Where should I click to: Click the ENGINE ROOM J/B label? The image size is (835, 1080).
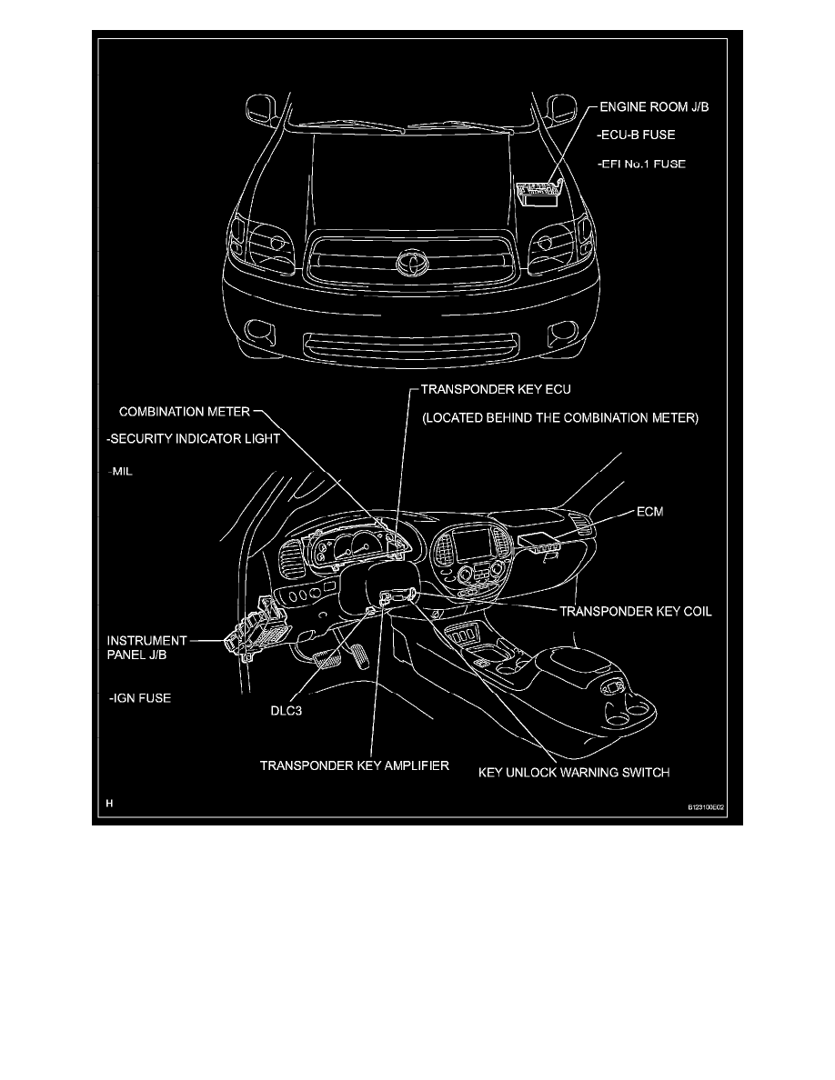pyautogui.click(x=653, y=107)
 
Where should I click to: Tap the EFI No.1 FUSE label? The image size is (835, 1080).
pyautogui.click(x=641, y=165)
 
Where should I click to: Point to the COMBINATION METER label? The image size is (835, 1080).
pyautogui.click(x=183, y=410)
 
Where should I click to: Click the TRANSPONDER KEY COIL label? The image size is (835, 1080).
pyautogui.click(x=635, y=612)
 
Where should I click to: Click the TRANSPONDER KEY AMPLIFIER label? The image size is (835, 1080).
pyautogui.click(x=355, y=765)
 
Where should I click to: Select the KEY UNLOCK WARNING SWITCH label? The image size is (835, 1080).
pyautogui.click(x=574, y=774)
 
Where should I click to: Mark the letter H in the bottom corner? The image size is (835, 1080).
pyautogui.click(x=109, y=804)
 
